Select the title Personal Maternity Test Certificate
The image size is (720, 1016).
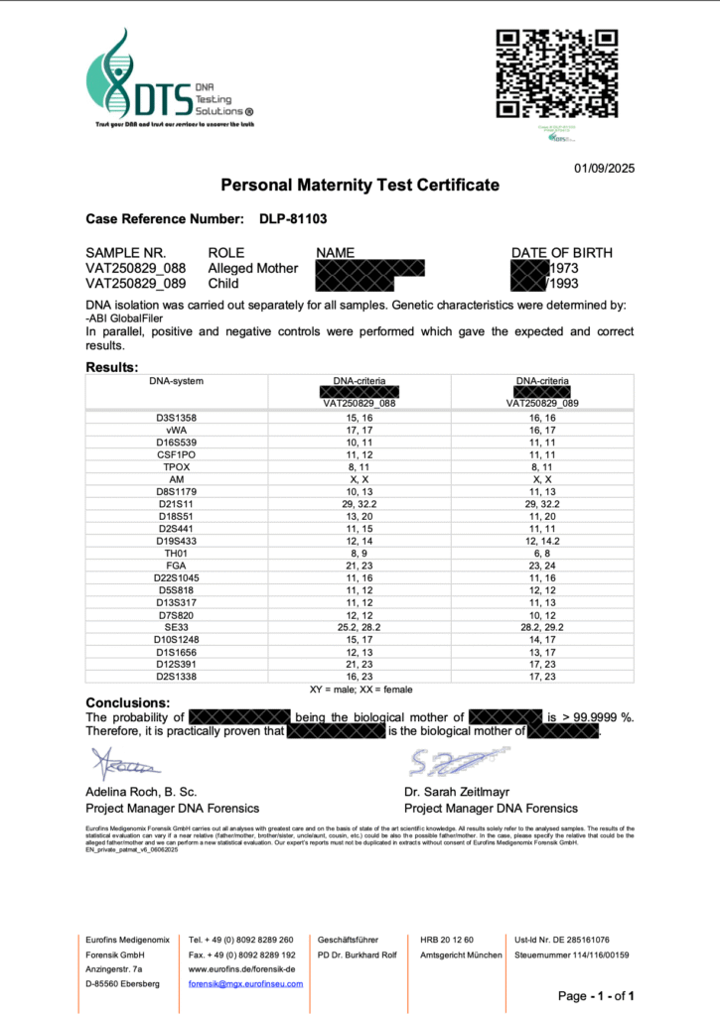pyautogui.click(x=360, y=186)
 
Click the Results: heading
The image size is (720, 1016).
pyautogui.click(x=112, y=367)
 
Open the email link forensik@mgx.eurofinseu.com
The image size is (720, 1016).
pyautogui.click(x=246, y=983)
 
